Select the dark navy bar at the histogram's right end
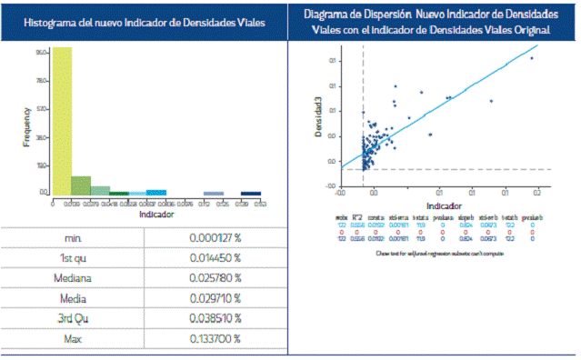[x=250, y=193]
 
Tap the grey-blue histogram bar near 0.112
[x=214, y=193]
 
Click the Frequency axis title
[x=27, y=126]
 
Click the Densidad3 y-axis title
[x=318, y=118]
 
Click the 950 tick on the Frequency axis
[x=42, y=53]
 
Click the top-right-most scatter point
[x=532, y=58]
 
